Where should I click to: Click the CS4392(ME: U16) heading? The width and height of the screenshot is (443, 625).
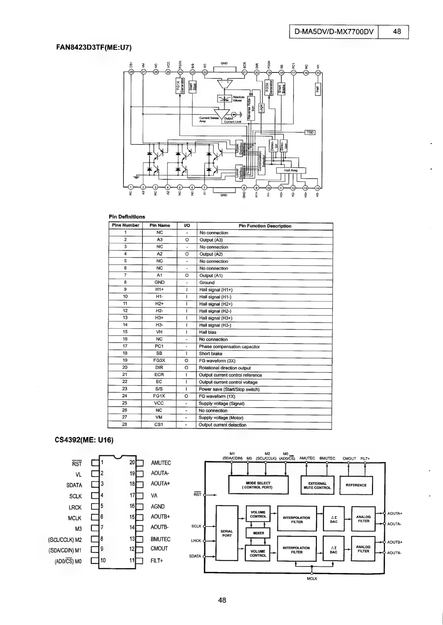(x=84, y=440)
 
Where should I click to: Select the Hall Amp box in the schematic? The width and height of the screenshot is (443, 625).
(x=291, y=170)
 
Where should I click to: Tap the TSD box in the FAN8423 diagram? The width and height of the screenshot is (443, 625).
(x=310, y=133)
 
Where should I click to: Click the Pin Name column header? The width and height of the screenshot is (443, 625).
(x=160, y=225)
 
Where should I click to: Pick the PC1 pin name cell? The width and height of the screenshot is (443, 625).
(x=160, y=346)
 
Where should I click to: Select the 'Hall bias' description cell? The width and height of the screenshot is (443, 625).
(x=208, y=332)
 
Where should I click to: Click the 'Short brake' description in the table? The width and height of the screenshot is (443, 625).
(x=211, y=354)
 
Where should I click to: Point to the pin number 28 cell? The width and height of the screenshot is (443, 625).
(x=125, y=424)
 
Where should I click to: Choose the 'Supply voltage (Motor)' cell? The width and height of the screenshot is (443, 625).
(x=221, y=417)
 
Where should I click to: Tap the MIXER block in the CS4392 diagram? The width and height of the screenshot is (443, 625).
(x=258, y=533)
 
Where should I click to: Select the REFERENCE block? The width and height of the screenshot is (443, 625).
(x=356, y=485)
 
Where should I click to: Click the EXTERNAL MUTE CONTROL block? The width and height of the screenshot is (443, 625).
(x=317, y=485)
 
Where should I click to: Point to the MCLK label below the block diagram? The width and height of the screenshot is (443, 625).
(x=312, y=579)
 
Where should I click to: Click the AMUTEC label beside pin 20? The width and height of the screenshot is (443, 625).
(x=161, y=463)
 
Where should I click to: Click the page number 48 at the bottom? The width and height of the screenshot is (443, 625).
(x=222, y=600)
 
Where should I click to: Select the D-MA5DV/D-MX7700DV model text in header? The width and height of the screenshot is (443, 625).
(x=334, y=32)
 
